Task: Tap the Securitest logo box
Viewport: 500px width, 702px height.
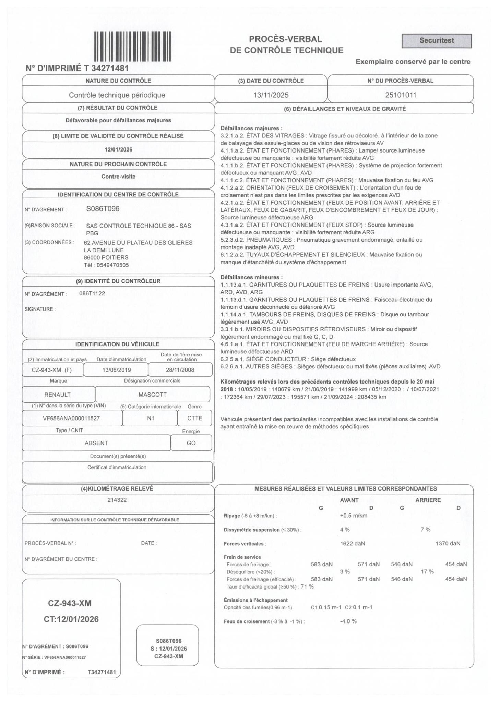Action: (436, 41)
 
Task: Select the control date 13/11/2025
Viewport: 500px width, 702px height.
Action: (271, 95)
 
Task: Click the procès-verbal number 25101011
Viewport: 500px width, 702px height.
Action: (401, 95)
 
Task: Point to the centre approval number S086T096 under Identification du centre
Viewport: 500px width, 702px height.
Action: (103, 209)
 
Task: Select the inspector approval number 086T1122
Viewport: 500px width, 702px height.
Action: (92, 293)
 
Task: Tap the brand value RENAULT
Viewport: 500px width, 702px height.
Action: (58, 395)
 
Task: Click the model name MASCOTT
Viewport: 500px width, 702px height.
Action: (153, 395)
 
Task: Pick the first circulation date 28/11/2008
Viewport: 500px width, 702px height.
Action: (180, 370)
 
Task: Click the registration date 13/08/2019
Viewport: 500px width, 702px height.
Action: (117, 370)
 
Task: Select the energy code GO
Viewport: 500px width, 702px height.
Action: (191, 443)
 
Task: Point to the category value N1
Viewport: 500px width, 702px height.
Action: (151, 418)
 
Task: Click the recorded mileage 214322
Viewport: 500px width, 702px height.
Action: (117, 500)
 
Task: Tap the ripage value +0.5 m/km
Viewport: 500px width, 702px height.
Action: (354, 516)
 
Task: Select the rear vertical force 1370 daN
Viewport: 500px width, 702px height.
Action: (448, 543)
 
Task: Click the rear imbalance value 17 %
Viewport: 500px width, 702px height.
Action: (427, 571)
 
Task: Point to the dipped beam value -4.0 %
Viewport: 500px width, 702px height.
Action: (348, 621)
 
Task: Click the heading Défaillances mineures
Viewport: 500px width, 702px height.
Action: (251, 277)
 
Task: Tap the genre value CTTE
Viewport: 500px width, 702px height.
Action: (194, 418)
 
